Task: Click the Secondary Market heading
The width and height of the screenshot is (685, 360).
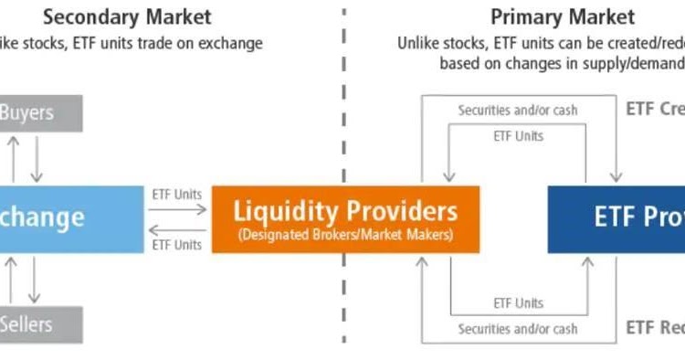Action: (127, 16)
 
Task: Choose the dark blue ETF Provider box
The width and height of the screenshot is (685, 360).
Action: (616, 219)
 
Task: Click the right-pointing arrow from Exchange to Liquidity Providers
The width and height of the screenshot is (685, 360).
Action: (177, 208)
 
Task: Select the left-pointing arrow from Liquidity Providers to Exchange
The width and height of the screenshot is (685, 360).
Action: (177, 230)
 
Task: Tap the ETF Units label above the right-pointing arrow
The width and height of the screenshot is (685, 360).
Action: (177, 194)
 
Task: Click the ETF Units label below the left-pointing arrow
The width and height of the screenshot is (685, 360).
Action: (177, 245)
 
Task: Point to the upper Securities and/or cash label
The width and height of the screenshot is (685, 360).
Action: (518, 110)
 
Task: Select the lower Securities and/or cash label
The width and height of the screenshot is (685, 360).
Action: (518, 329)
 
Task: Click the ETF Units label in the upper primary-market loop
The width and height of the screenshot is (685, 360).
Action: (518, 136)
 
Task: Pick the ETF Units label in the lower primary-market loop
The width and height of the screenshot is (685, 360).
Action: (518, 302)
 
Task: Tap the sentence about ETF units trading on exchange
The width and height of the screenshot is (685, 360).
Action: (132, 43)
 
